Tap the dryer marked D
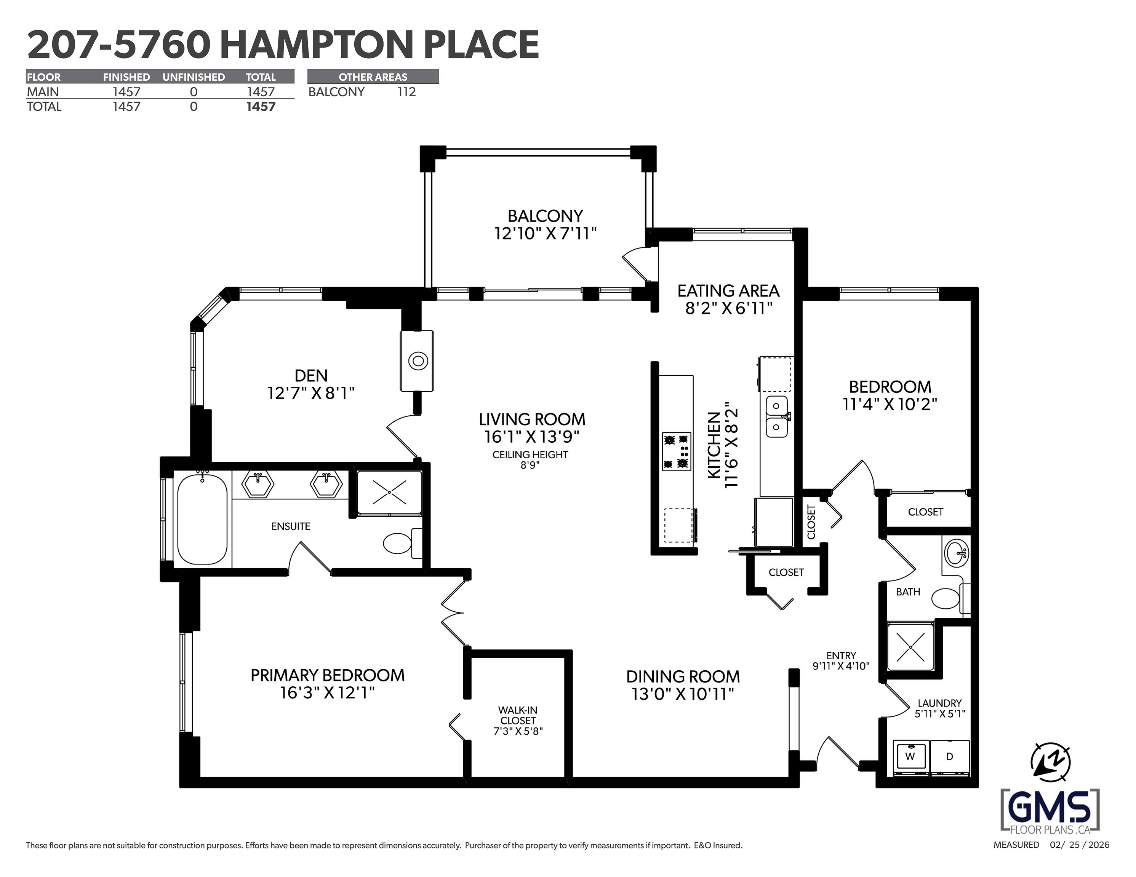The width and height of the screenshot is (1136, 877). (x=950, y=758)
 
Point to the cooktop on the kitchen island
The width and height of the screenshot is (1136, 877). (x=676, y=451)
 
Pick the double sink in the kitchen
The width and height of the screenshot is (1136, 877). (x=777, y=416)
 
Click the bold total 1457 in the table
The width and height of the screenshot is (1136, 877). (x=261, y=107)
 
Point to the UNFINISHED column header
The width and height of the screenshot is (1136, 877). (x=194, y=77)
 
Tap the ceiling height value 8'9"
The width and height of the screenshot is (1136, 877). (x=530, y=465)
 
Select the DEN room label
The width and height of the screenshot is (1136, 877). (x=311, y=375)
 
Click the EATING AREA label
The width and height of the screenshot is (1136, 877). (x=728, y=290)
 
